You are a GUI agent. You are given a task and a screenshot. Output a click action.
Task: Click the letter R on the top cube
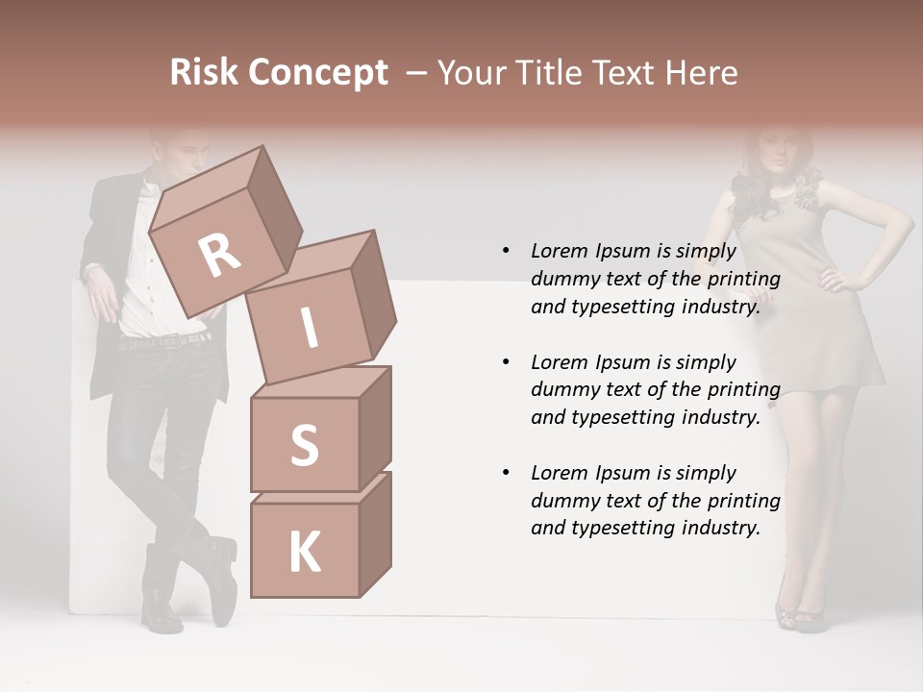(219, 256)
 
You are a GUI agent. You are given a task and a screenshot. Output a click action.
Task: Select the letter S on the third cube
(304, 445)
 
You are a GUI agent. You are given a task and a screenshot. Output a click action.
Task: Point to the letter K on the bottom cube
(304, 552)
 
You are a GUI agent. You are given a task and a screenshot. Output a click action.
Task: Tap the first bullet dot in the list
(506, 251)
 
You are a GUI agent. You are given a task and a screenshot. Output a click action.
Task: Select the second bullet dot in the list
(506, 362)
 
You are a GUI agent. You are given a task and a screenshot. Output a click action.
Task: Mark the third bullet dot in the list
(506, 473)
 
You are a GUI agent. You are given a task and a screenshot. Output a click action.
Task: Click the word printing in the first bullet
(743, 280)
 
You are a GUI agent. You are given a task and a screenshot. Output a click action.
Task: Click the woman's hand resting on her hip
(835, 281)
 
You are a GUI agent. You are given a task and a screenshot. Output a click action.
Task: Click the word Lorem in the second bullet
(559, 362)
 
